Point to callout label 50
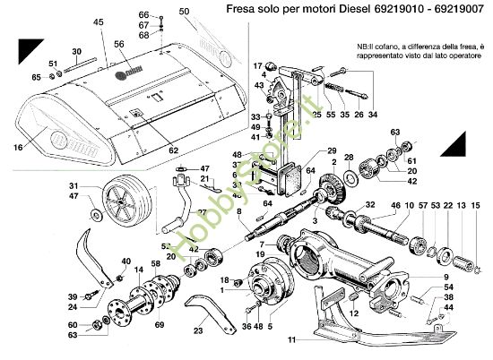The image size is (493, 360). (186, 12)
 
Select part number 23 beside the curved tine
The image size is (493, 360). (198, 330)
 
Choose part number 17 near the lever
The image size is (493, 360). (257, 65)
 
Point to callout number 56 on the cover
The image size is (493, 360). (118, 43)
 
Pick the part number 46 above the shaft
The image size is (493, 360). (394, 206)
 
